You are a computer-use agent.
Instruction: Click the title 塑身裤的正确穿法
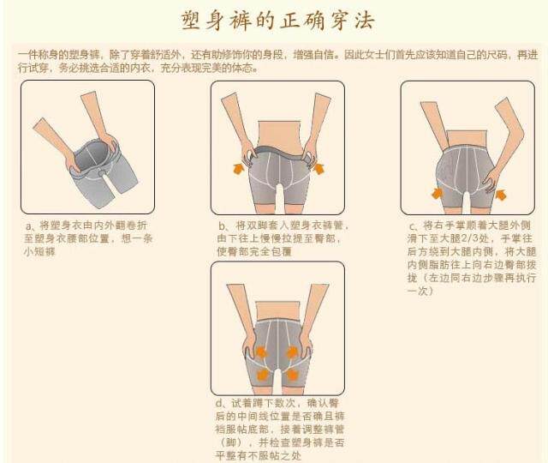click(x=278, y=21)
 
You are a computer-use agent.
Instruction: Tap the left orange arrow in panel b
click(x=239, y=168)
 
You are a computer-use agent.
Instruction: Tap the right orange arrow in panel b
click(x=319, y=168)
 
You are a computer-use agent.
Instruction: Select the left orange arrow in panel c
click(x=437, y=193)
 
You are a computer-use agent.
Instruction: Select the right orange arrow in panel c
click(x=500, y=195)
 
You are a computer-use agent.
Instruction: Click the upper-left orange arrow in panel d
click(x=261, y=352)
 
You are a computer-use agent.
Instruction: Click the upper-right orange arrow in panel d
click(x=293, y=352)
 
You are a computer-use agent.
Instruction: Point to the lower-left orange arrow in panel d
click(x=263, y=376)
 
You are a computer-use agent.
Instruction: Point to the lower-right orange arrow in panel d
click(x=292, y=376)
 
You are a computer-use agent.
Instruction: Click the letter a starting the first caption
click(x=28, y=226)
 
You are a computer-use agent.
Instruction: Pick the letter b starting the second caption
click(x=222, y=226)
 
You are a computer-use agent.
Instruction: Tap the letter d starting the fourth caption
click(x=219, y=404)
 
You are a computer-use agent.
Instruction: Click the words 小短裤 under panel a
click(x=39, y=251)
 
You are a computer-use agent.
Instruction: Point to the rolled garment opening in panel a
click(x=92, y=157)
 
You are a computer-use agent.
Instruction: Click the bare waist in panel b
click(x=278, y=134)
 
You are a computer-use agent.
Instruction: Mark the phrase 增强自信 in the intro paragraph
click(x=313, y=55)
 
